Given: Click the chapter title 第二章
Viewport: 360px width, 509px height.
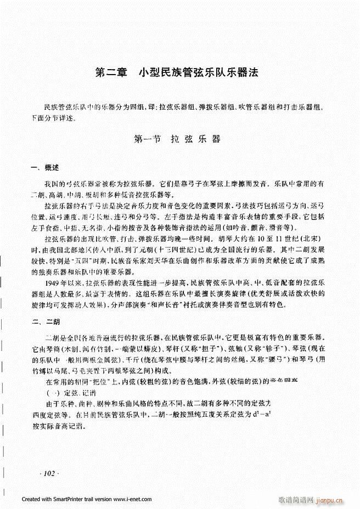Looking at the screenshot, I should (111, 72).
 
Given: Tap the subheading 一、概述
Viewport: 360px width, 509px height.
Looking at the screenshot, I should (46, 167).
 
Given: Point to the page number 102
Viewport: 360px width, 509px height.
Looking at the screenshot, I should (49, 473).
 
